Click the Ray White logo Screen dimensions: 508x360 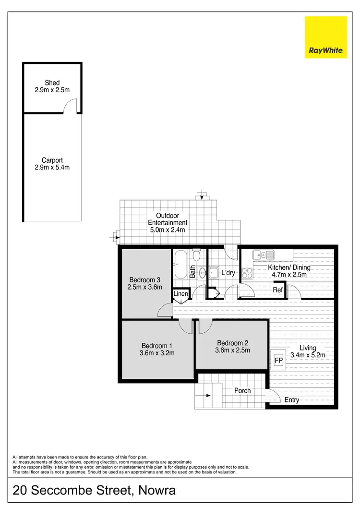(x=325, y=37)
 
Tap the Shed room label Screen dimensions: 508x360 (x=52, y=83)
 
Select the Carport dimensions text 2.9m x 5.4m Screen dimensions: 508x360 (x=52, y=167)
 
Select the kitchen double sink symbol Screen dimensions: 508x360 (x=263, y=255)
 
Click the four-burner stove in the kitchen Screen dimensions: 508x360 (x=247, y=273)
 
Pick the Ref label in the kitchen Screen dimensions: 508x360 (x=277, y=290)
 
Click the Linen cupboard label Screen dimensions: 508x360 (x=181, y=293)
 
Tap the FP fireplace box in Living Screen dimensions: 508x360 (x=278, y=359)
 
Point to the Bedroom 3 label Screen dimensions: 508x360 (x=145, y=280)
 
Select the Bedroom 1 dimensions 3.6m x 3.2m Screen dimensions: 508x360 (x=157, y=353)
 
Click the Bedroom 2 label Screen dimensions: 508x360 (x=232, y=343)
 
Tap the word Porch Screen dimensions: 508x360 (x=242, y=390)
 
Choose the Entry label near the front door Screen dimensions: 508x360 (x=292, y=400)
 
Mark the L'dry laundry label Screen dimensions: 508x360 (x=228, y=273)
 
